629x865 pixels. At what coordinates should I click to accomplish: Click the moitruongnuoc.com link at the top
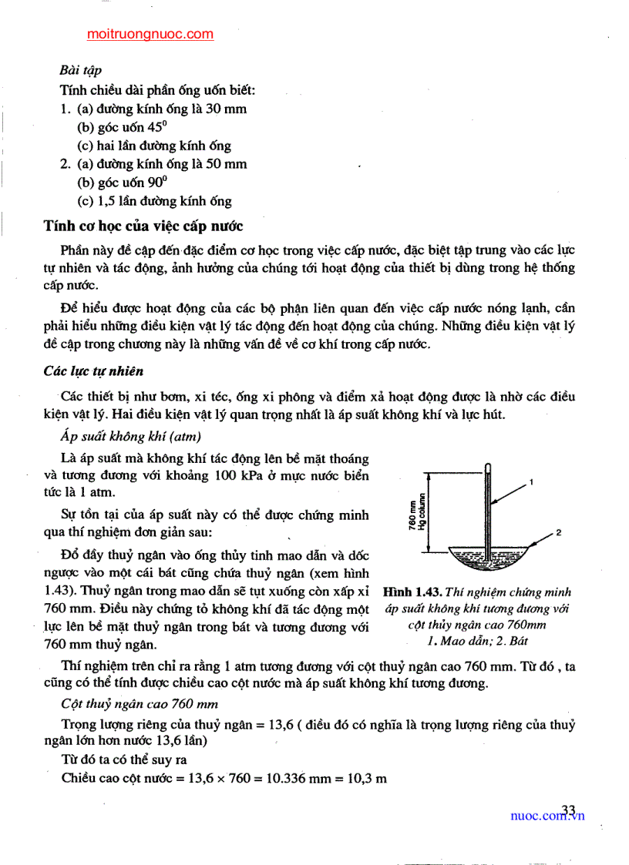[x=150, y=34]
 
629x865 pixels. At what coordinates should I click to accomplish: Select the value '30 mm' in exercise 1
[x=227, y=109]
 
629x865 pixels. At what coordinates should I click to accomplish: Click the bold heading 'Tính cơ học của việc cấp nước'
[x=143, y=226]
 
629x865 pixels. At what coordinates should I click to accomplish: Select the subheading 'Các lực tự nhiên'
[x=94, y=371]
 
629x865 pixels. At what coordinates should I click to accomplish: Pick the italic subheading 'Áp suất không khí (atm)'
[x=130, y=438]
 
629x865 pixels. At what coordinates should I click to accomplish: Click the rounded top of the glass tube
[x=489, y=466]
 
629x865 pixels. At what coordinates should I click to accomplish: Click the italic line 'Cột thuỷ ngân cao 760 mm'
[x=139, y=704]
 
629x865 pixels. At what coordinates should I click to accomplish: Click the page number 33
[x=569, y=809]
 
